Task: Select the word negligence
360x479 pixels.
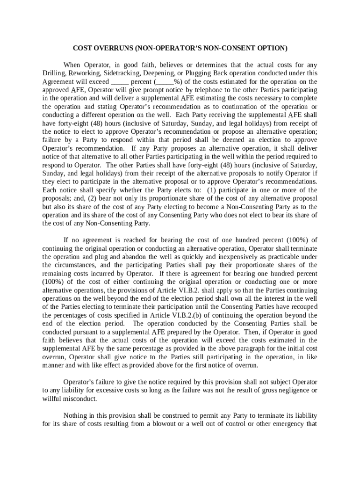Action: tap(291, 390)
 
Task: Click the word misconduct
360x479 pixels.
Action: tap(81, 399)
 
